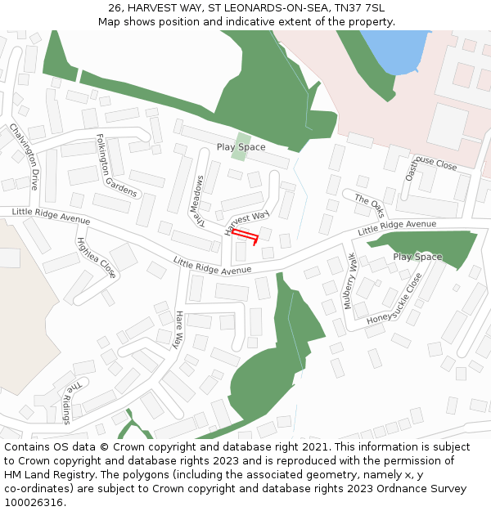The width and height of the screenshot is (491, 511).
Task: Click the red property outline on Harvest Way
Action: [x=245, y=236]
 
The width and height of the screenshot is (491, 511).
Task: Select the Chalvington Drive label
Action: [x=24, y=157]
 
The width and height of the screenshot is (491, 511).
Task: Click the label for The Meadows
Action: [x=197, y=199]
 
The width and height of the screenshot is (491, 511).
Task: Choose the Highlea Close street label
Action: [x=97, y=257]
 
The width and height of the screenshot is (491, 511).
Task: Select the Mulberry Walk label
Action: [x=350, y=280]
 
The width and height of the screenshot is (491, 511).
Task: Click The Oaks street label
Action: [x=369, y=204]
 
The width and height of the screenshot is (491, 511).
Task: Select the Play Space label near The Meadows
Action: [x=241, y=147]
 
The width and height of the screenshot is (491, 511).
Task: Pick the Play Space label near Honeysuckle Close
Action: [x=417, y=257]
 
